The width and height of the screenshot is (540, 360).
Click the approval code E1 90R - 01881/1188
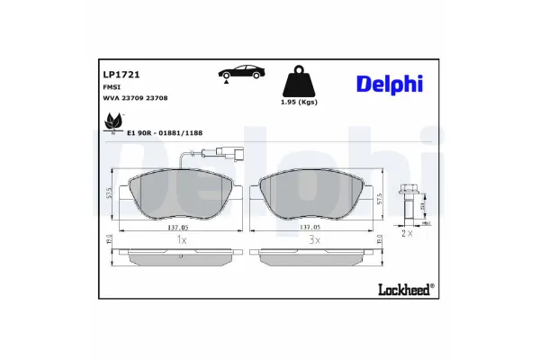(164, 133)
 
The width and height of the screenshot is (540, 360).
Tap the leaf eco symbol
(112, 121)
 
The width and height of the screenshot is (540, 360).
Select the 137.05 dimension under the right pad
(310, 229)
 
